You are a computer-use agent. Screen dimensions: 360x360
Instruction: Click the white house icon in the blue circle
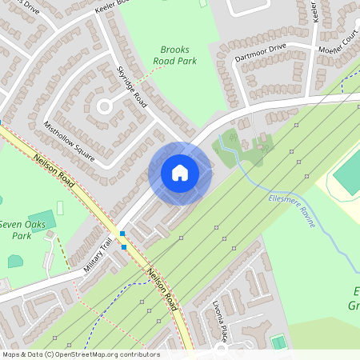pos(180,173)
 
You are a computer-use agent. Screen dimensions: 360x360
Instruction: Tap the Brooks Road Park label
pos(174,54)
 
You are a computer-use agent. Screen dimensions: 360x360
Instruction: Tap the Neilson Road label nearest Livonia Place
pos(162,287)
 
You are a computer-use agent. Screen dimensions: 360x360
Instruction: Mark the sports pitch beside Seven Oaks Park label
pos(44,219)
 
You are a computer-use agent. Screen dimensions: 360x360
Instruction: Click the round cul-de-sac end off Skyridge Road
pos(104,106)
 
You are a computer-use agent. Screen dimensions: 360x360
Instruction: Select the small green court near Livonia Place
pos(278,342)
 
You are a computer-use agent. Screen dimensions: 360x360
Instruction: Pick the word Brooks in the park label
pos(174,49)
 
